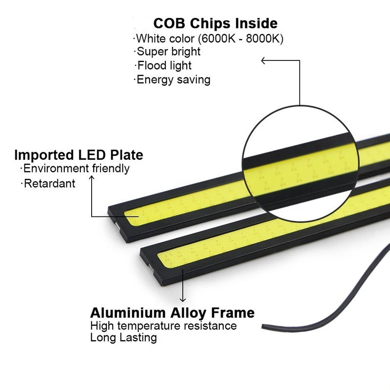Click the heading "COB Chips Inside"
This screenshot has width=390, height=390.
point(215,23)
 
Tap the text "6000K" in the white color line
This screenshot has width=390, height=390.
point(218,39)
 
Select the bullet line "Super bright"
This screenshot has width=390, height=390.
point(168,52)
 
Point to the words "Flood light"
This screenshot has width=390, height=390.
point(164,66)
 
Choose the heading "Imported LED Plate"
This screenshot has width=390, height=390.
point(78,155)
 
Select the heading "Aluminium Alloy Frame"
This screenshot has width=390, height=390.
point(173,313)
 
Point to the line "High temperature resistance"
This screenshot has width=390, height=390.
point(163,326)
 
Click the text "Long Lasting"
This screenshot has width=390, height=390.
point(123,337)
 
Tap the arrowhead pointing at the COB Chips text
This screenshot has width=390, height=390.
point(263,60)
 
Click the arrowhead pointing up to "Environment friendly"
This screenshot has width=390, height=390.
point(92,177)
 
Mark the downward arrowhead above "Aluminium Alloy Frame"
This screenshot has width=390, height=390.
point(183,300)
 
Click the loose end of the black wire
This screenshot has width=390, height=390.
point(263,327)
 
